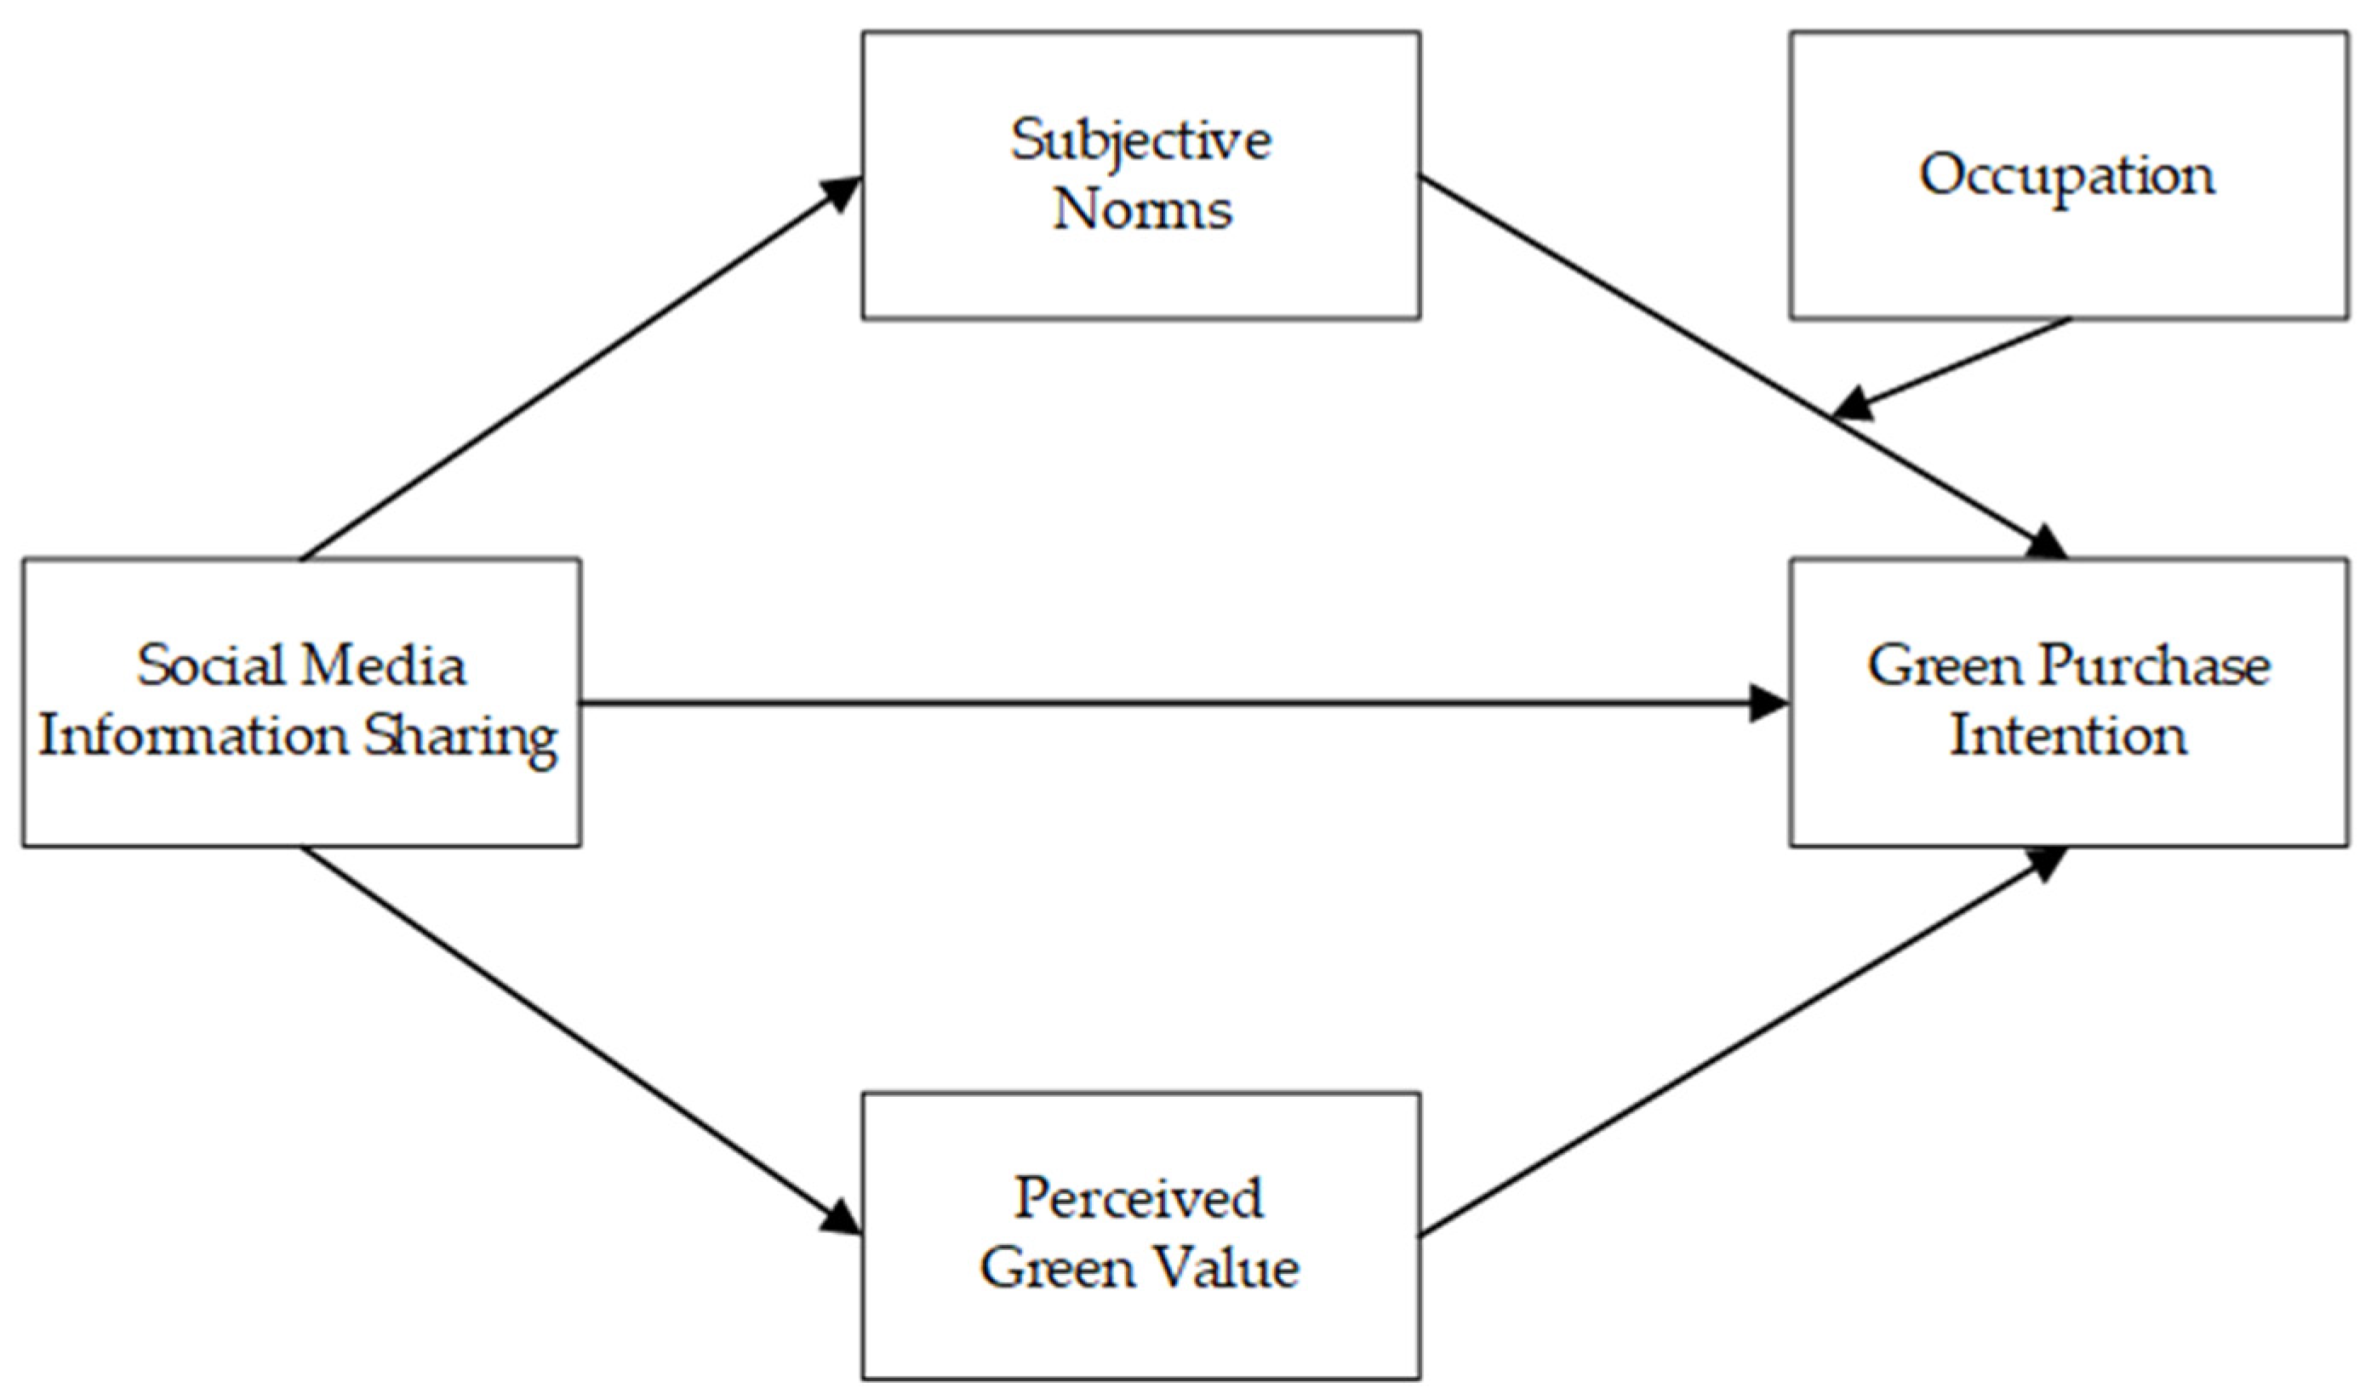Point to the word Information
point(193,736)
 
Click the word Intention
point(2067,736)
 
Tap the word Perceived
point(1138,1199)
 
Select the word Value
point(1222,1268)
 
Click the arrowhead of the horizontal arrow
point(1768,703)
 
